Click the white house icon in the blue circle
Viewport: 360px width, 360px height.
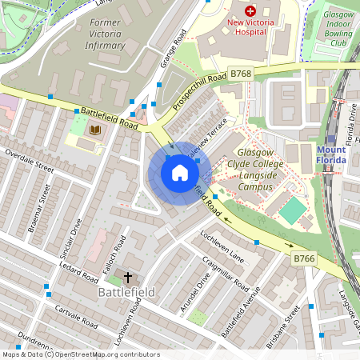[179, 172]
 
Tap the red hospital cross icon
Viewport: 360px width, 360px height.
[249, 11]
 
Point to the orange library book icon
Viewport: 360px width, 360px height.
[95, 130]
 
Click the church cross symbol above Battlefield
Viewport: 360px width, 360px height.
[128, 278]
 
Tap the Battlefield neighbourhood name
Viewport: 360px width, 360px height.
[126, 294]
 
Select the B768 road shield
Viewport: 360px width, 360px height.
[241, 74]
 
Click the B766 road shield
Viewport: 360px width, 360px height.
[303, 258]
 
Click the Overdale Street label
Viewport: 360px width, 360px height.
[29, 160]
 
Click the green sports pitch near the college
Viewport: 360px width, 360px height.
[293, 210]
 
